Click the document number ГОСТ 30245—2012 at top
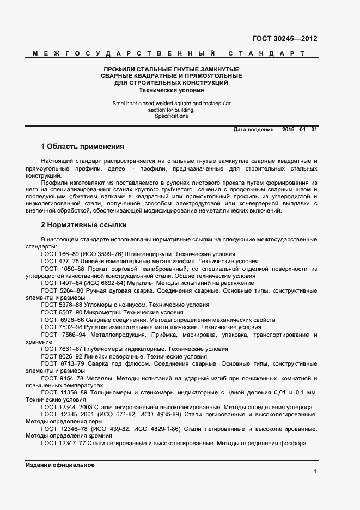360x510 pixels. click(x=284, y=39)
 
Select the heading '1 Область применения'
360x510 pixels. click(x=82, y=147)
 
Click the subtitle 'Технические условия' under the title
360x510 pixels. click(x=172, y=90)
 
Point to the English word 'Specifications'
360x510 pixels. click(x=171, y=116)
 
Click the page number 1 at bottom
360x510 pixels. click(x=315, y=472)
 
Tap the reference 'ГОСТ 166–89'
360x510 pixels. click(x=60, y=254)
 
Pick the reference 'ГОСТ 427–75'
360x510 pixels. click(x=60, y=262)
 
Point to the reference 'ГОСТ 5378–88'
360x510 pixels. click(x=62, y=305)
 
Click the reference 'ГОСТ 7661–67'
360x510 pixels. click(x=62, y=349)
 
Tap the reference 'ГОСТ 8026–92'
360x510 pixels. click(x=62, y=356)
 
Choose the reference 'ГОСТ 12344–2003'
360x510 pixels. click(x=67, y=406)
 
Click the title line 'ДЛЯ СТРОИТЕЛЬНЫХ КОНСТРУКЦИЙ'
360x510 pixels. click(x=172, y=83)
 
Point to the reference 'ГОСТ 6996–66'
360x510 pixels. click(x=63, y=319)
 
